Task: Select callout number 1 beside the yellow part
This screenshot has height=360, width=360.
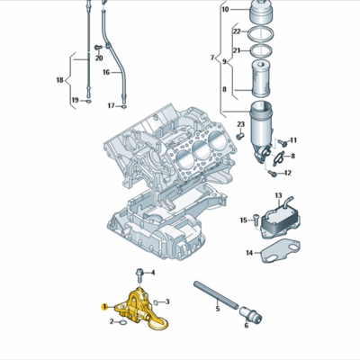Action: (x=103, y=307)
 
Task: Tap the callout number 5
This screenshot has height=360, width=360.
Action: (x=217, y=309)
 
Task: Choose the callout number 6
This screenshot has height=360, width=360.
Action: (x=245, y=326)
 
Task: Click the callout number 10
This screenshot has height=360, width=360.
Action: (x=225, y=10)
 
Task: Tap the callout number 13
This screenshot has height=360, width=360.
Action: (x=278, y=195)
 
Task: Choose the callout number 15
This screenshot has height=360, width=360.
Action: (x=242, y=220)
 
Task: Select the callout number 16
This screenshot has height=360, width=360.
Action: (x=105, y=71)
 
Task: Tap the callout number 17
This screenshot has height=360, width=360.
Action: (x=112, y=105)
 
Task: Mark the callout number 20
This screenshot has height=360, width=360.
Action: (x=99, y=58)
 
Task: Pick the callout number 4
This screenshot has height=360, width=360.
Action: (x=153, y=272)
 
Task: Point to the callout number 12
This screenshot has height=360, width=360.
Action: (x=292, y=171)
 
